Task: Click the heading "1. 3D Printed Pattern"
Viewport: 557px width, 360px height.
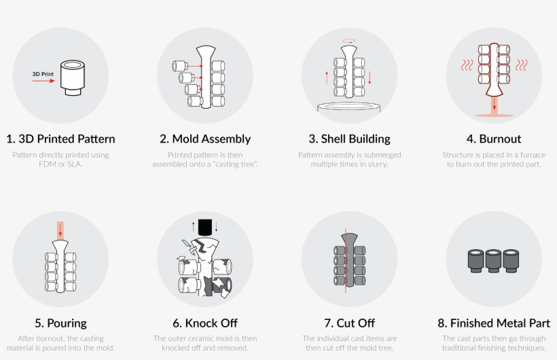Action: [60, 139]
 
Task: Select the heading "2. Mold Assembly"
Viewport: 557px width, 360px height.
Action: [205, 139]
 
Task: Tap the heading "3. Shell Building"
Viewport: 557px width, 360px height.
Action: [349, 139]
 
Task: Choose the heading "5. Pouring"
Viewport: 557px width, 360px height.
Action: [60, 323]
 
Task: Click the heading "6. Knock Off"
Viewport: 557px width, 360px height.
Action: [205, 323]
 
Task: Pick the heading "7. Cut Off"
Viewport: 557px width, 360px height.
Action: [349, 323]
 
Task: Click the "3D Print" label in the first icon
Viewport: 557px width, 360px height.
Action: [42, 73]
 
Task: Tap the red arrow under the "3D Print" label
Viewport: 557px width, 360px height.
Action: [43, 81]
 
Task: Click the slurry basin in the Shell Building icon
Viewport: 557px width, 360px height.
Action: [349, 107]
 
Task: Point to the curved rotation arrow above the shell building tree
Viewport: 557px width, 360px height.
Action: [349, 41]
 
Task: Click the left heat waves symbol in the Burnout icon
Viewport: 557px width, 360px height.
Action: [467, 65]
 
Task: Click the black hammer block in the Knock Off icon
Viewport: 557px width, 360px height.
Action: [204, 226]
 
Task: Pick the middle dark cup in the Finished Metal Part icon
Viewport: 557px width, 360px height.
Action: [494, 259]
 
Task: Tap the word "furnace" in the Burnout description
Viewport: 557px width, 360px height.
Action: [531, 155]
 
